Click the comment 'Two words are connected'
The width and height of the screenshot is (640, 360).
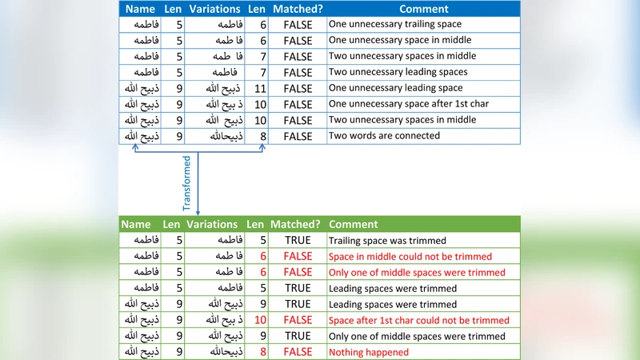384,136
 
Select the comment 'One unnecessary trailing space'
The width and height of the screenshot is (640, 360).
395,24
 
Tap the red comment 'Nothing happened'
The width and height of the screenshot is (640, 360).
369,352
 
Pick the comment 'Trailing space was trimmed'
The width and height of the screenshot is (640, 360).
387,240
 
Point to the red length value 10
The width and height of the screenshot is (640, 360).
259,320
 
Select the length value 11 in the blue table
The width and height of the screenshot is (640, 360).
259,88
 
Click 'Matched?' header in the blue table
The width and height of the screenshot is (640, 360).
298,9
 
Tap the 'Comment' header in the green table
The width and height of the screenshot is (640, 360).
353,225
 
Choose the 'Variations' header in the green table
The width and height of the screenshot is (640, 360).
212,225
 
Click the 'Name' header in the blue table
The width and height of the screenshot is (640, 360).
140,9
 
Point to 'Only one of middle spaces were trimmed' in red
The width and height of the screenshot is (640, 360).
417,272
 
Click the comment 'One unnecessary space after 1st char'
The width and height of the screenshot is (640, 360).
409,104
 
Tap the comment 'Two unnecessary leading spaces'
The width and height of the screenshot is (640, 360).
398,72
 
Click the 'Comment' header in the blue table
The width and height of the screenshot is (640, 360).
423,9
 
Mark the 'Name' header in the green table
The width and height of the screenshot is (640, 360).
136,225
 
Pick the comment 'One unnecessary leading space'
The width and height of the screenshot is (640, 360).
396,88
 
